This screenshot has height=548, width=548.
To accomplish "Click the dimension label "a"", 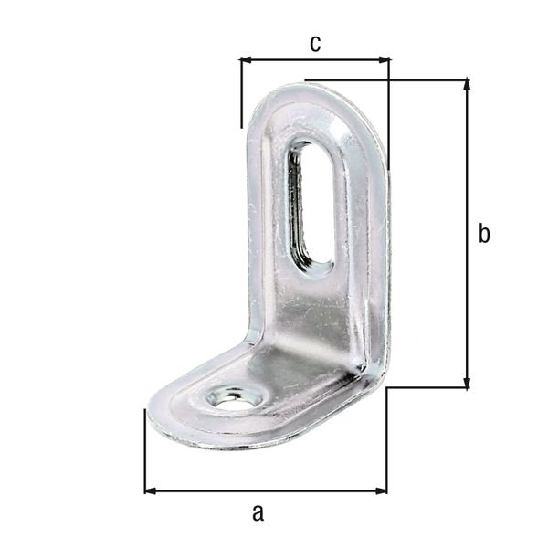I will click(x=258, y=512).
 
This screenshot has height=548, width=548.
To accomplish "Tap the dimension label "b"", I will click(x=484, y=234).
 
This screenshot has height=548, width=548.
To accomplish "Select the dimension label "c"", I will click(x=315, y=43).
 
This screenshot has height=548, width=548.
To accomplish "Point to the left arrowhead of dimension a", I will click(x=150, y=491).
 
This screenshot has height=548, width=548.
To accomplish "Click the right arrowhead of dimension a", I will click(x=381, y=491).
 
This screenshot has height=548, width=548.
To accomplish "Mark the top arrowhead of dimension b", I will click(x=468, y=85).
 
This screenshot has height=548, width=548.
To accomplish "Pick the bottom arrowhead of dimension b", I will click(x=468, y=383).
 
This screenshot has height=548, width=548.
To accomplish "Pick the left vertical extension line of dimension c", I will click(x=240, y=91).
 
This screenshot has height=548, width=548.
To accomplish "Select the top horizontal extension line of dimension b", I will click(x=384, y=79).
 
